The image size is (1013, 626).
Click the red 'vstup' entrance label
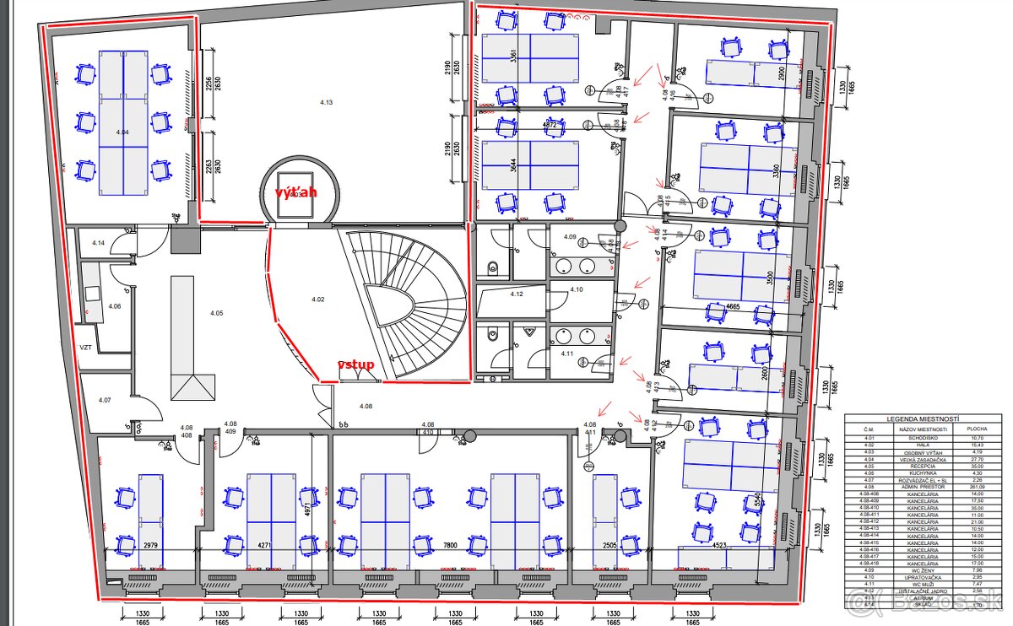[x=355, y=364]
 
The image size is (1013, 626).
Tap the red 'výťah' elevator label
[x=296, y=192]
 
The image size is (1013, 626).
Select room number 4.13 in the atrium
[x=327, y=102]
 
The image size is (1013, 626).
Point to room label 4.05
[x=217, y=313]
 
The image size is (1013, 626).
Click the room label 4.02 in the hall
[x=318, y=299]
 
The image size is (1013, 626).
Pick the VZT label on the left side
[x=85, y=347]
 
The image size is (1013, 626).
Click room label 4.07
[x=105, y=399]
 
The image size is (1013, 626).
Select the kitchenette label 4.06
[x=115, y=305]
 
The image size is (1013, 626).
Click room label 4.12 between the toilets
[x=517, y=294]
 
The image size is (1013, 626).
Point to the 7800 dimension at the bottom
[x=451, y=546]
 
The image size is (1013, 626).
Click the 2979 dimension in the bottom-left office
[x=152, y=546]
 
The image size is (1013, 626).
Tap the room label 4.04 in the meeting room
[x=122, y=132]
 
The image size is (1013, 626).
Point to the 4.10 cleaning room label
[x=576, y=289]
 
